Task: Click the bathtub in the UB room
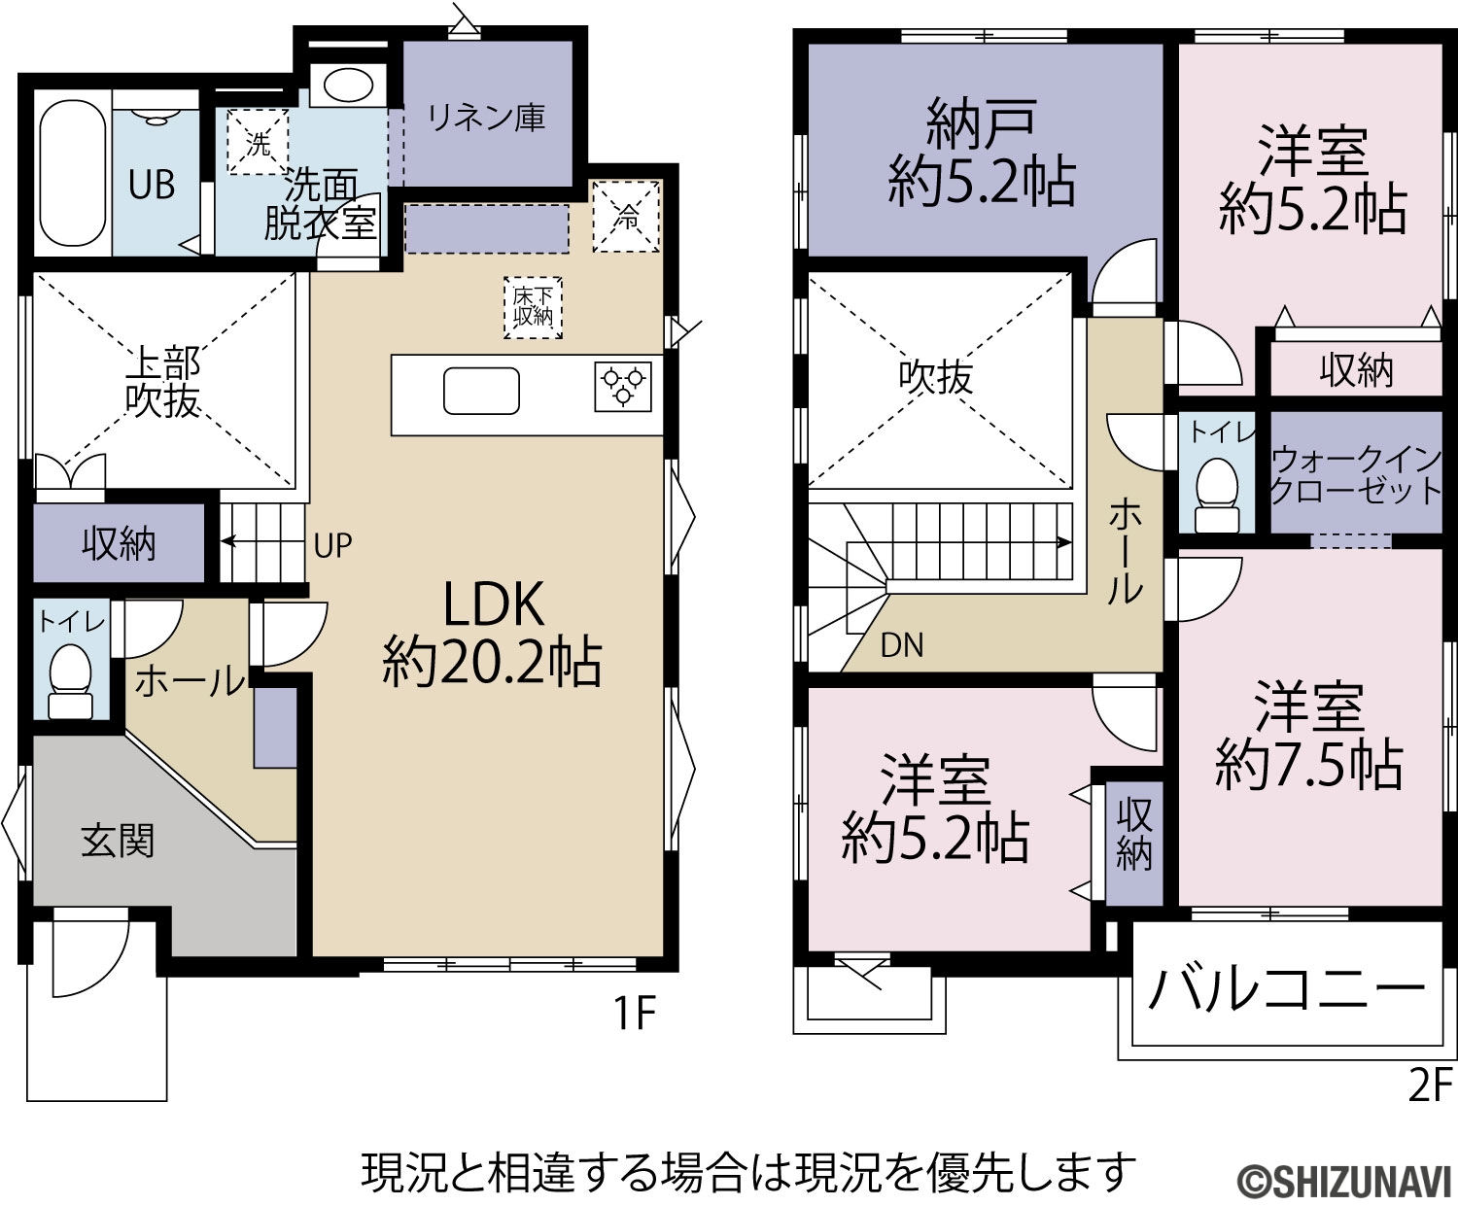[x=73, y=173]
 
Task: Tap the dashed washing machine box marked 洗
[x=258, y=142]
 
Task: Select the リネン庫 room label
[x=486, y=117]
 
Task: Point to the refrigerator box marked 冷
[x=626, y=217]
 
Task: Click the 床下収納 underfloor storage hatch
[x=534, y=307]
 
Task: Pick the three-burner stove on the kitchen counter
[x=623, y=386]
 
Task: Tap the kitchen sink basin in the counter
[x=482, y=391]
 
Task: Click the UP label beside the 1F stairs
[x=333, y=545]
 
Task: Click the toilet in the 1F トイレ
[x=71, y=681]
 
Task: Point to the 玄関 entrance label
[x=118, y=841]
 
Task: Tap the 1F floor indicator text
[x=634, y=1014]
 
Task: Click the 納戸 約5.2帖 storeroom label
[x=981, y=153]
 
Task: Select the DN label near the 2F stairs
[x=902, y=645]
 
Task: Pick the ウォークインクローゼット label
[x=1356, y=475]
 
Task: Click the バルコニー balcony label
[x=1286, y=989]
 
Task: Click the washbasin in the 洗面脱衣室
[x=348, y=85]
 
